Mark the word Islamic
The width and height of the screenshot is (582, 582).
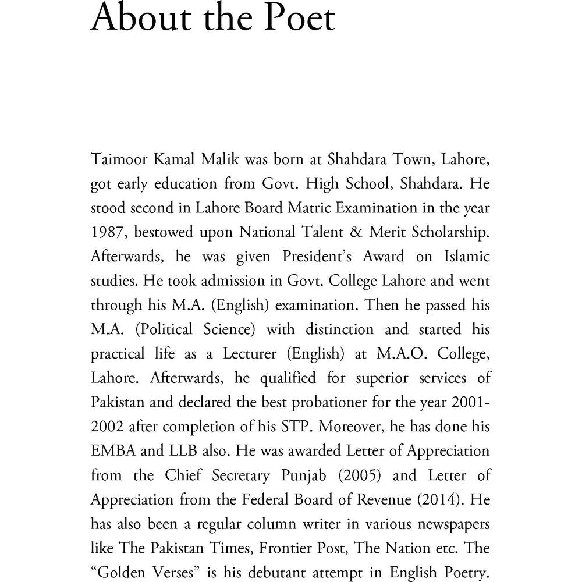463,257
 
